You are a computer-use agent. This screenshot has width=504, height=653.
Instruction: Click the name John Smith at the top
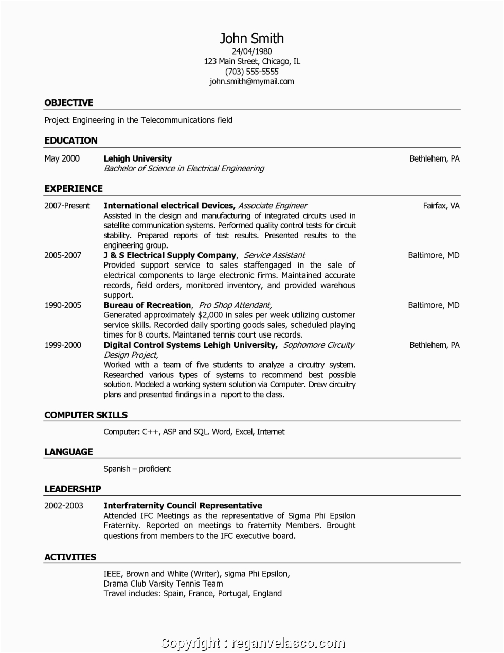point(251,39)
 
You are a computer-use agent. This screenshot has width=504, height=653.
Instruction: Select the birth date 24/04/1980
point(251,51)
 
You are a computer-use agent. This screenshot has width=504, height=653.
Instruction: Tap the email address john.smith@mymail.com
point(251,81)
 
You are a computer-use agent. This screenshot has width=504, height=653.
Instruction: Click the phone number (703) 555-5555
point(251,72)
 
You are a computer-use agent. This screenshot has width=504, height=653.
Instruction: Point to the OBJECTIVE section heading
point(68,103)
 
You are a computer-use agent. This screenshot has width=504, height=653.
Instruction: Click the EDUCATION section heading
point(70,140)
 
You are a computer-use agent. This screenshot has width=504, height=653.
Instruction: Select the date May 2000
point(62,158)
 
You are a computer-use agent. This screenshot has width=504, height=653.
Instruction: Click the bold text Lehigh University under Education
point(137,158)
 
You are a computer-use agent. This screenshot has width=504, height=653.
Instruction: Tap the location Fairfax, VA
point(441,206)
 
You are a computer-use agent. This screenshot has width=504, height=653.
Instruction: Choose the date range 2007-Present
point(67,206)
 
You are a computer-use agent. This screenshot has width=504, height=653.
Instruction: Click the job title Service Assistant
point(274,255)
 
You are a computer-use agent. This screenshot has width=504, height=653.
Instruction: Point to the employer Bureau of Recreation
point(147,305)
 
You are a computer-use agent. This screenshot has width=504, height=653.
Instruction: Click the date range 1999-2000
point(63,345)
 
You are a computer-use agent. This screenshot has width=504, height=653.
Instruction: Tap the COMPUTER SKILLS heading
point(85,415)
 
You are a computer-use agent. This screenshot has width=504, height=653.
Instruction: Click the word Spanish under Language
point(117,469)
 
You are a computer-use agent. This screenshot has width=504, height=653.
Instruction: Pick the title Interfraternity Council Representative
point(183,506)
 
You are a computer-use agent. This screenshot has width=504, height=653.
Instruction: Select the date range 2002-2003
point(63,506)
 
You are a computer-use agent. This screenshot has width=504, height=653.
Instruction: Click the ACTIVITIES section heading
point(70,557)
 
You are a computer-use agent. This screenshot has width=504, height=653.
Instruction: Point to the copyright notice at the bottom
point(251,643)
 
